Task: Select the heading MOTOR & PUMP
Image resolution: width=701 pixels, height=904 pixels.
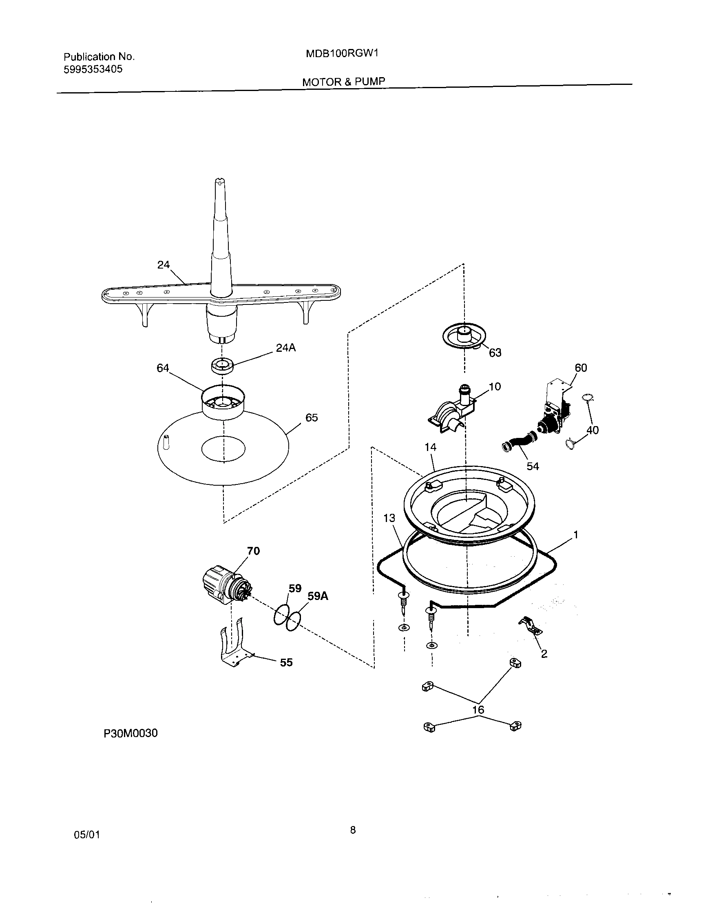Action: click(343, 82)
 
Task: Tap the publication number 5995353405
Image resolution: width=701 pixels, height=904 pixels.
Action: click(93, 69)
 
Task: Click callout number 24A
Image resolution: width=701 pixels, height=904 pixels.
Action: click(286, 348)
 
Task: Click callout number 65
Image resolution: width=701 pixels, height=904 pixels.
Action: click(312, 418)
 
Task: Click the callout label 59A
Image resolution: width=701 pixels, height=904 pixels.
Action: click(318, 596)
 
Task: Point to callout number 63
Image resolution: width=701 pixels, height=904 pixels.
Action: click(495, 353)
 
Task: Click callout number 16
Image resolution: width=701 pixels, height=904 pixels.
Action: click(478, 710)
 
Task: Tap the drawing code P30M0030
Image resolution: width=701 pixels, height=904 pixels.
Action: click(130, 733)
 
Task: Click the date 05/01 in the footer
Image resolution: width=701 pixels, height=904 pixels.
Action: click(87, 835)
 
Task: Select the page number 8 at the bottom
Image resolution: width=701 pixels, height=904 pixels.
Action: click(353, 829)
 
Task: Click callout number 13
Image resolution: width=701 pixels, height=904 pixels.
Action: click(389, 518)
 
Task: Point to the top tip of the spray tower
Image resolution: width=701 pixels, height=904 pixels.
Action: click(220, 180)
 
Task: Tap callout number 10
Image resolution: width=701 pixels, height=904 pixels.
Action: click(495, 386)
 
